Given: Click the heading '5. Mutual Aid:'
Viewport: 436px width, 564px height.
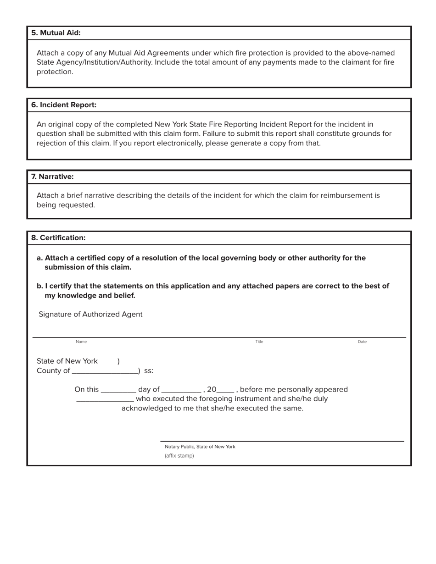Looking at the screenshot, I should click(56, 33).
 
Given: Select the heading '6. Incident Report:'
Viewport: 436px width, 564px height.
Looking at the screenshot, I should click(64, 105).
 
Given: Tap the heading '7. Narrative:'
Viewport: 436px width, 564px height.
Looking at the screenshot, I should click(52, 177).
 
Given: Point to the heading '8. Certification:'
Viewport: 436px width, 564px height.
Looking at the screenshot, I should click(58, 238).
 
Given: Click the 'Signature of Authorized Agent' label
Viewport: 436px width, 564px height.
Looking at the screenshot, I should click(90, 315).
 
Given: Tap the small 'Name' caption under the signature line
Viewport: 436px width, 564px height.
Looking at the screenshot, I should click(81, 342).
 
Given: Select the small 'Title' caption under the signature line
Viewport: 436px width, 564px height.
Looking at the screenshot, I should click(259, 342).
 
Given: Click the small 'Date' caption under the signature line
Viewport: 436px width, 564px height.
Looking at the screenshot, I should click(362, 342).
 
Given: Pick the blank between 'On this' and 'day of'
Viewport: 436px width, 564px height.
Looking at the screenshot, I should click(118, 390).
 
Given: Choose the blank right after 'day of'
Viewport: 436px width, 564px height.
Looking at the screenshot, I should click(181, 390).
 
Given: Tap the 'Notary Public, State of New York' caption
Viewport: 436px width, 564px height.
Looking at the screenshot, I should click(200, 447).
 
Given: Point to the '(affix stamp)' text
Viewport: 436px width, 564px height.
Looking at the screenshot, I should click(179, 456).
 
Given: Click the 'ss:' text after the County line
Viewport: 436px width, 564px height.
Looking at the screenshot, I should click(149, 371).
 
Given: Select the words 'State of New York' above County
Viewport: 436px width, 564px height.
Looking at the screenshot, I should click(67, 361).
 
